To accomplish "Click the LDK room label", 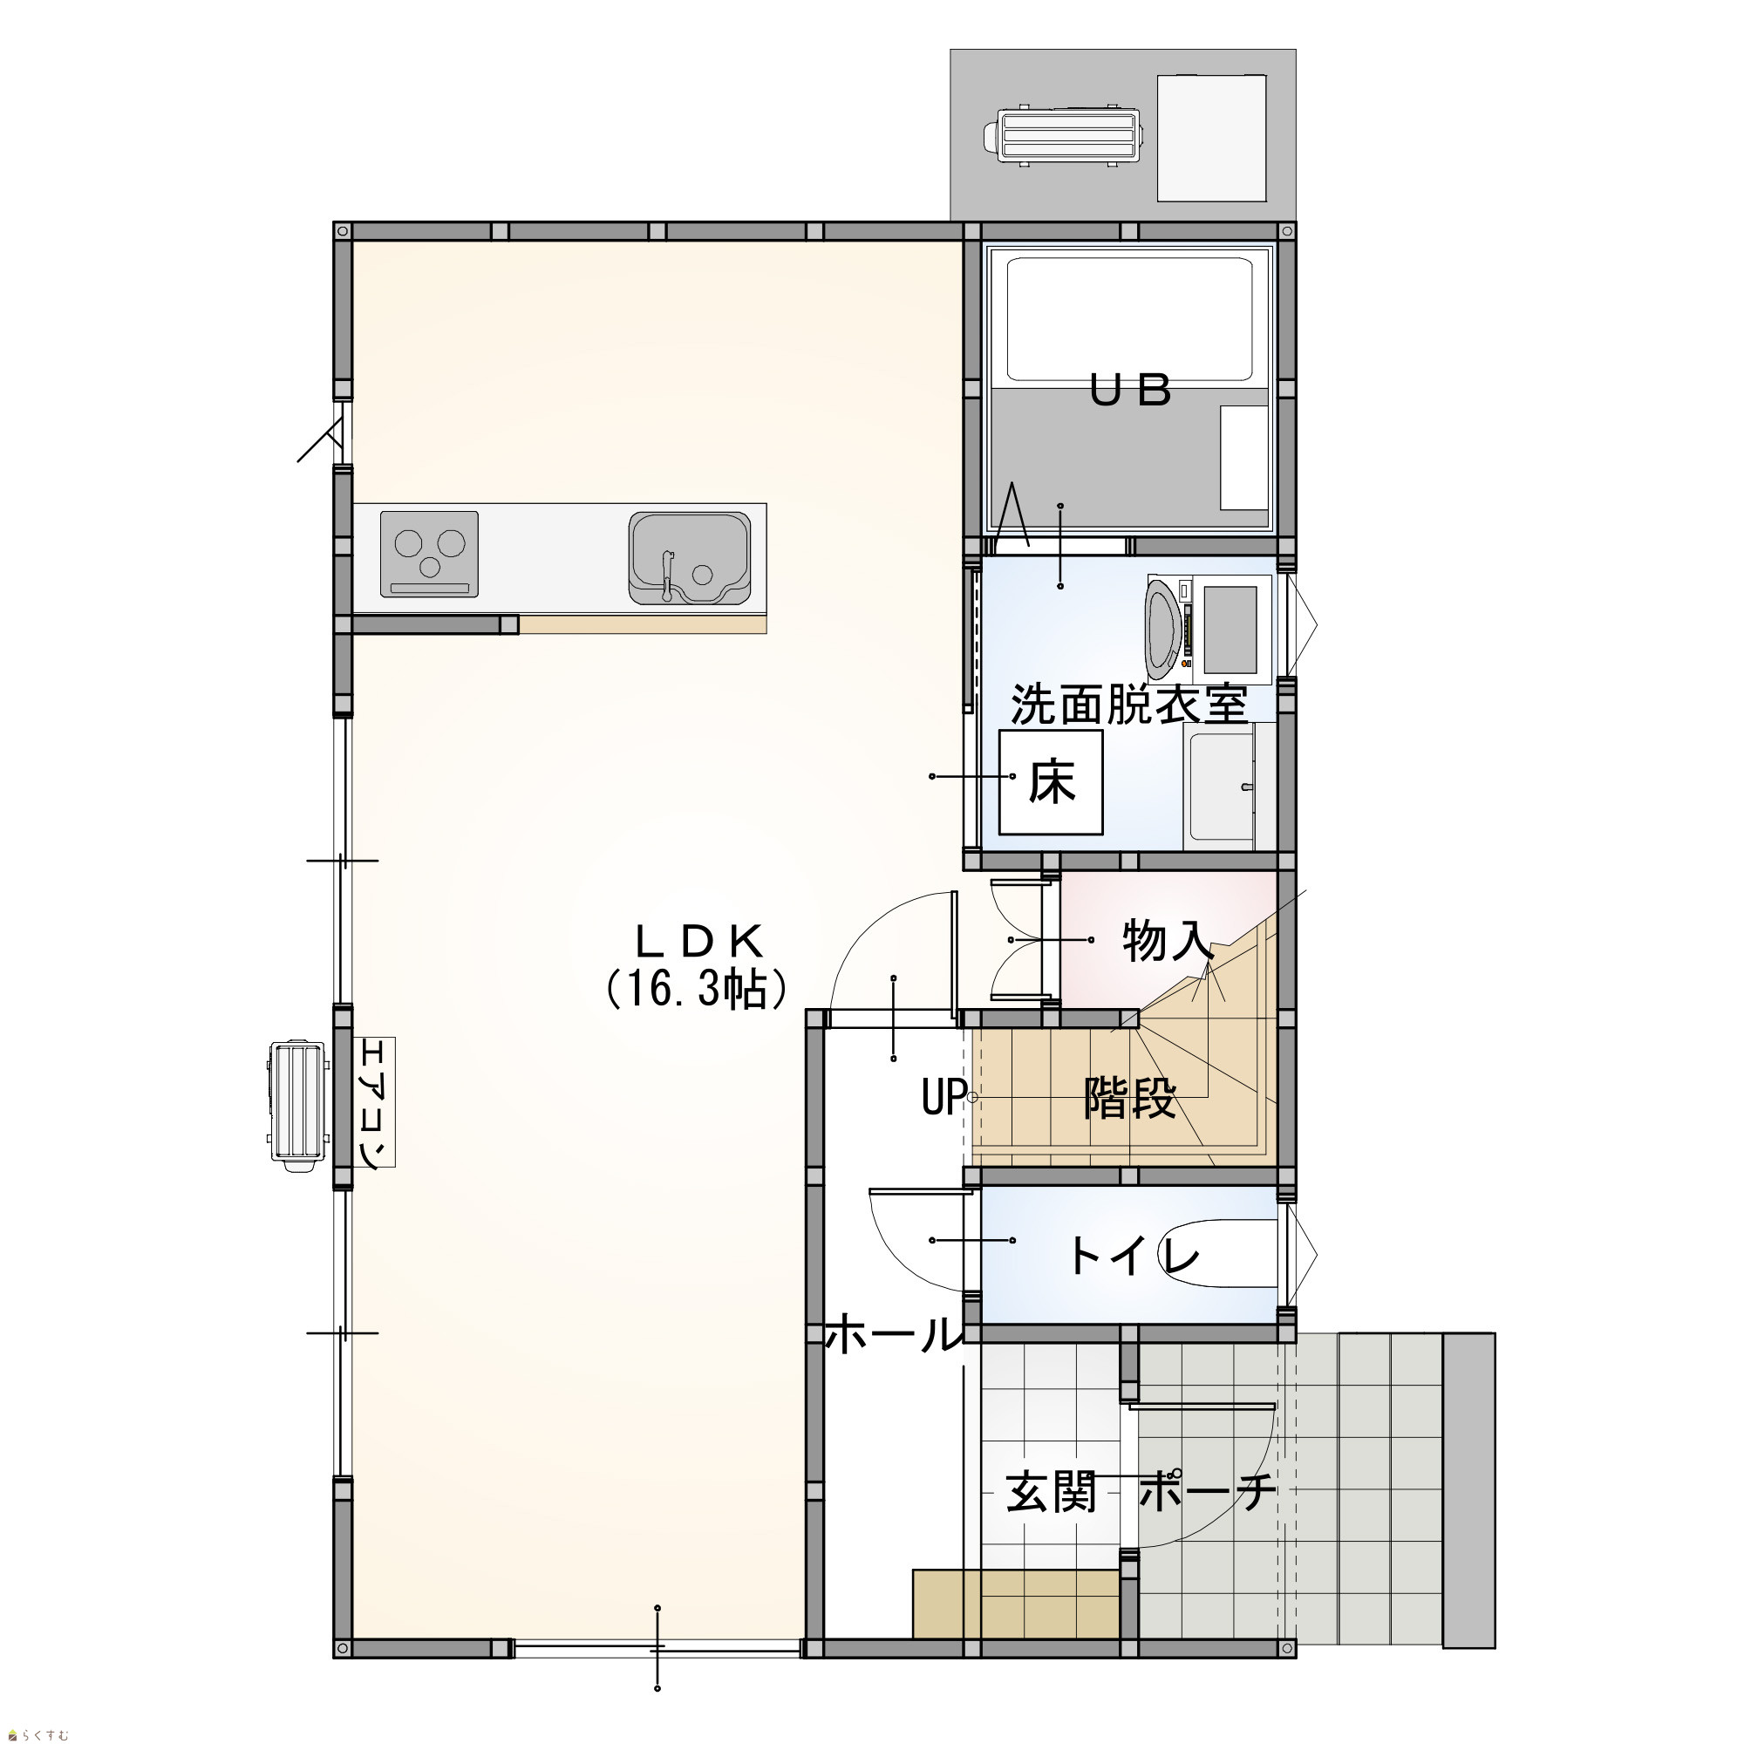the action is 700,942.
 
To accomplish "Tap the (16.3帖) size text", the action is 697,990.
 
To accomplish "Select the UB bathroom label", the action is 1130,391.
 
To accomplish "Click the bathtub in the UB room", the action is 1129,319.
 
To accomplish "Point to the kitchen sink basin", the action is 690,557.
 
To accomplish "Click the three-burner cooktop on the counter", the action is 429,554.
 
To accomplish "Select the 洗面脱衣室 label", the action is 1128,705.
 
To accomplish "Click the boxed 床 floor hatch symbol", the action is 1051,781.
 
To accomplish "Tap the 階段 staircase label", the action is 1130,1099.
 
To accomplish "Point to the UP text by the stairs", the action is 944,1098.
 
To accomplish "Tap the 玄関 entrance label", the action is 1052,1492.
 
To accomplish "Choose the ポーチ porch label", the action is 1207,1492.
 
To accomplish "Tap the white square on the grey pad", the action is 1211,138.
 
